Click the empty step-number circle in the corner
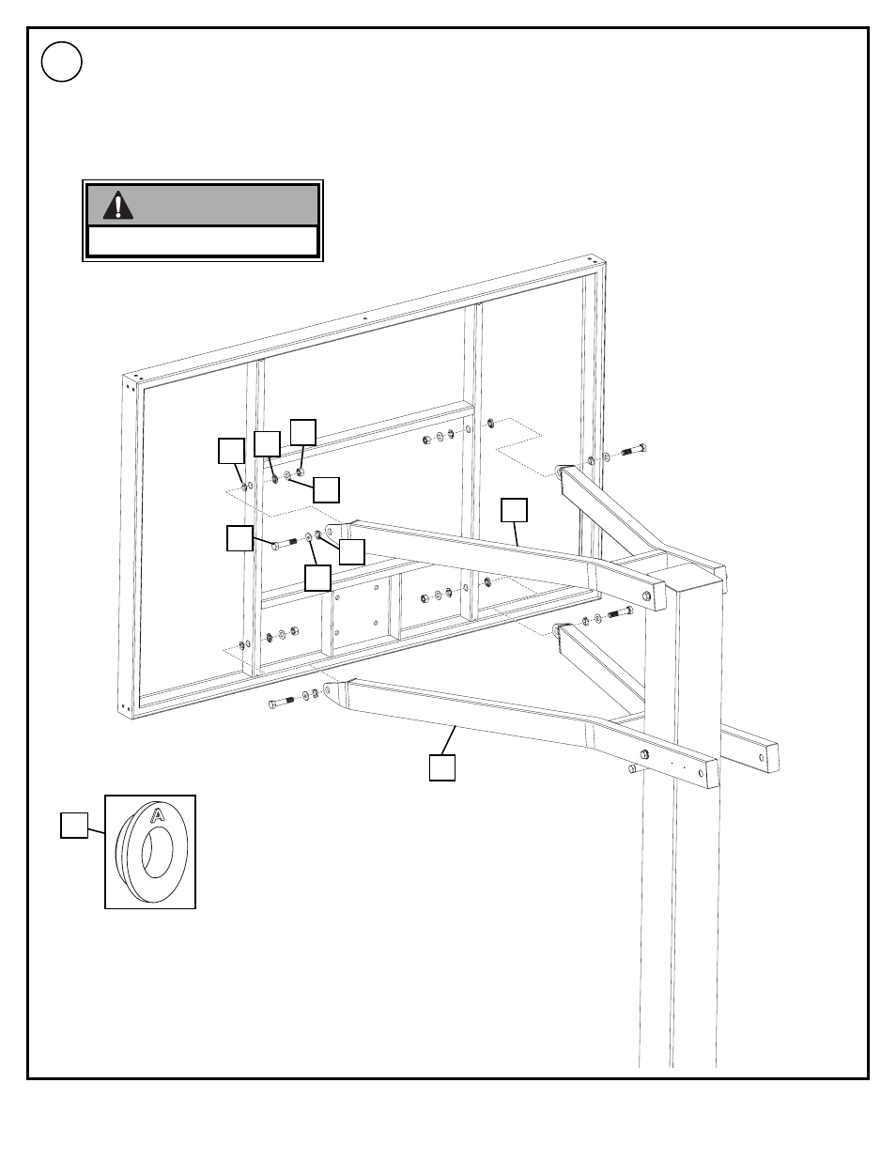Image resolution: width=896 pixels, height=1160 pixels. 61,61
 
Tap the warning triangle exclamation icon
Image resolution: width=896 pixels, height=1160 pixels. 118,205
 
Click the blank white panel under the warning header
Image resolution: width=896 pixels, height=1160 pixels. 203,241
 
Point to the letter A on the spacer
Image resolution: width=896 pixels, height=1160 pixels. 158,815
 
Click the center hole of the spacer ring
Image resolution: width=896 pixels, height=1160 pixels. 157,852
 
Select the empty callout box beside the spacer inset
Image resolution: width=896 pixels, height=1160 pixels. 74,826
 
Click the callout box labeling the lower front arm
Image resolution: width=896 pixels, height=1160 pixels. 442,767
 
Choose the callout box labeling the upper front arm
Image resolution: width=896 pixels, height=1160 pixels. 514,510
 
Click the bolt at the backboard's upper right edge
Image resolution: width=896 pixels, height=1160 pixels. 634,451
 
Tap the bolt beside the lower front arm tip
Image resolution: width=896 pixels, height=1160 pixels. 281,702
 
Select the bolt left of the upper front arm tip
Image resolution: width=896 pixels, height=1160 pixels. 285,544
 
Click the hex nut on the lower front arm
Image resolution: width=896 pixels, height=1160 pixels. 644,753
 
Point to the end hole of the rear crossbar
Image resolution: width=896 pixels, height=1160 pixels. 762,757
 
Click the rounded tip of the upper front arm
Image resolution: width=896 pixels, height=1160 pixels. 333,531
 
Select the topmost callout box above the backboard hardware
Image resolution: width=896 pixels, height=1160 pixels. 303,432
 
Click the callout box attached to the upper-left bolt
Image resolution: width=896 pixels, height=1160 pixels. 239,538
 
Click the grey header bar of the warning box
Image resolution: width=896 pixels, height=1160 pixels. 203,205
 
